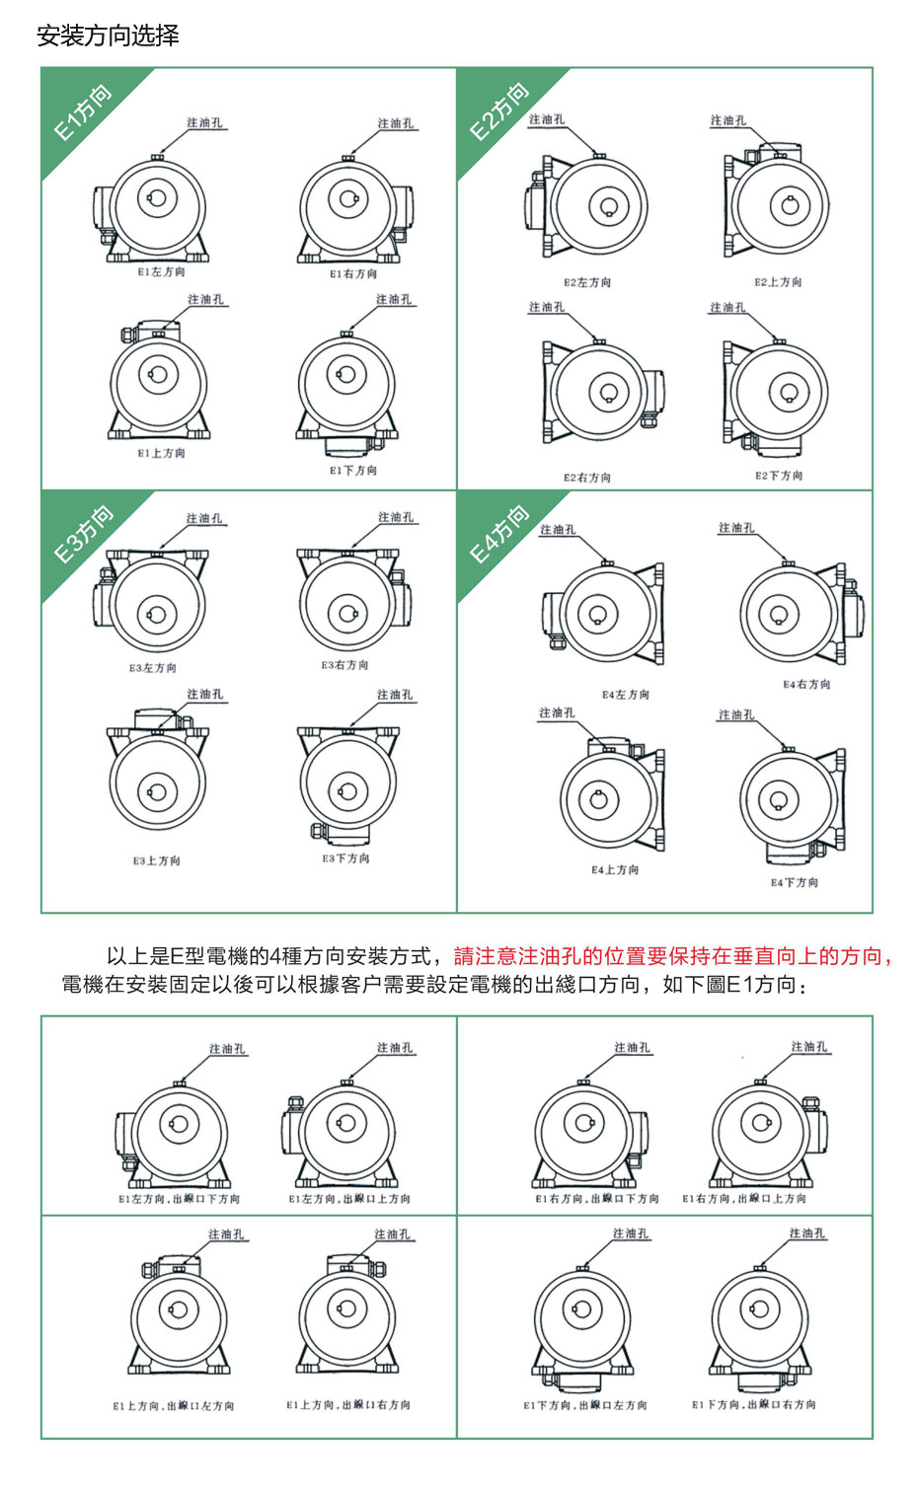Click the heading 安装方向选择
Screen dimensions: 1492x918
click(x=108, y=37)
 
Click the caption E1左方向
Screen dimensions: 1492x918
click(x=161, y=271)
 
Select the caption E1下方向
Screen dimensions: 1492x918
click(x=353, y=471)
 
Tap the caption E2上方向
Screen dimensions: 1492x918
click(x=778, y=282)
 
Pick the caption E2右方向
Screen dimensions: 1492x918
click(x=587, y=478)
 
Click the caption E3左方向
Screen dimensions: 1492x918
click(x=153, y=668)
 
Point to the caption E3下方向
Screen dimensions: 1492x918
click(x=345, y=858)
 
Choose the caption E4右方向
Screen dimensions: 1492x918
click(x=806, y=684)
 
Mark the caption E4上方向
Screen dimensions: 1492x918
click(x=615, y=870)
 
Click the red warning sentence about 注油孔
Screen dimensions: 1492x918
click(x=672, y=956)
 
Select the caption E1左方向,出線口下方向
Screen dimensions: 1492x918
click(x=179, y=1199)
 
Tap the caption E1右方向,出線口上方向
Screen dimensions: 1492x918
click(x=744, y=1199)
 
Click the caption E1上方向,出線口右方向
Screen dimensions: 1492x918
click(x=348, y=1405)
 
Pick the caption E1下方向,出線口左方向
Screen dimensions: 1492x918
click(x=585, y=1405)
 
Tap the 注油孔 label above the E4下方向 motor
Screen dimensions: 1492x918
click(x=736, y=715)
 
